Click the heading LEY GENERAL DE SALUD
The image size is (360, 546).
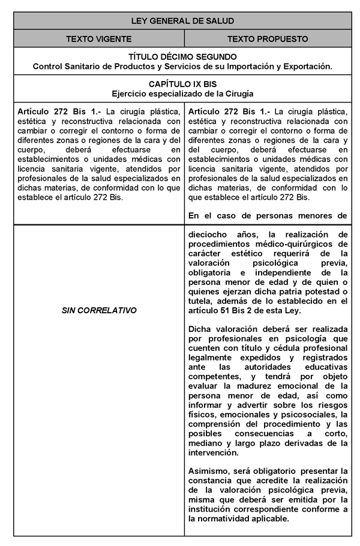[182, 21]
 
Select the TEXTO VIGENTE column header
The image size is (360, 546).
[99, 39]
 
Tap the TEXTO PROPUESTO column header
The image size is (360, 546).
[268, 39]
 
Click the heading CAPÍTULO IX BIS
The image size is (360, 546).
[182, 85]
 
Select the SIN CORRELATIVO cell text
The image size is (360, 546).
[99, 310]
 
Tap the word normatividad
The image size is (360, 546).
[227, 519]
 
